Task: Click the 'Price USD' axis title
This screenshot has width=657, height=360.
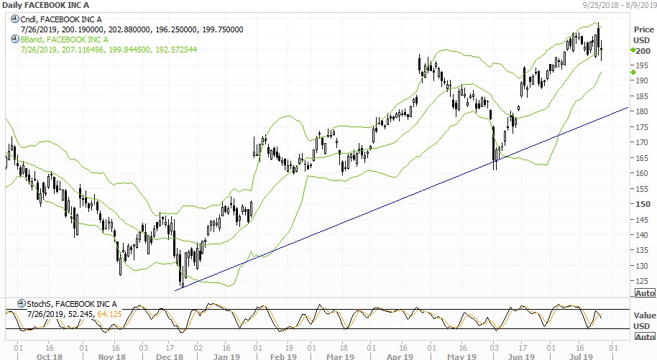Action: coord(643,34)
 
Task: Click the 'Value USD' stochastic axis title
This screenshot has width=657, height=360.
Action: coord(643,320)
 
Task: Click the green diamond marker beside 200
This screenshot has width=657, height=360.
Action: coord(633,50)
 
